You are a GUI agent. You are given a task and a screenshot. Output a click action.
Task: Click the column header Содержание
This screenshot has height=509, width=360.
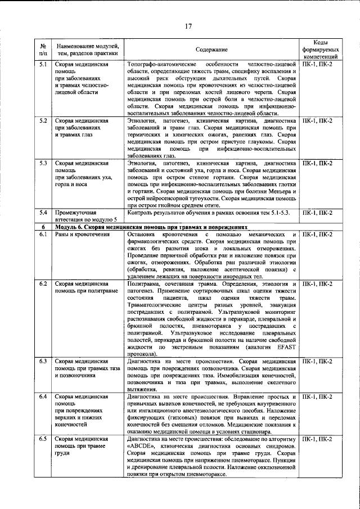[x=212, y=50]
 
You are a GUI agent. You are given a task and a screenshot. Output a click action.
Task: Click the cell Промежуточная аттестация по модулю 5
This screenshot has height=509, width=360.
[x=85, y=216]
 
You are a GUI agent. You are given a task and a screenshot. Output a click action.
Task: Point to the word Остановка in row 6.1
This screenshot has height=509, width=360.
[x=143, y=234]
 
